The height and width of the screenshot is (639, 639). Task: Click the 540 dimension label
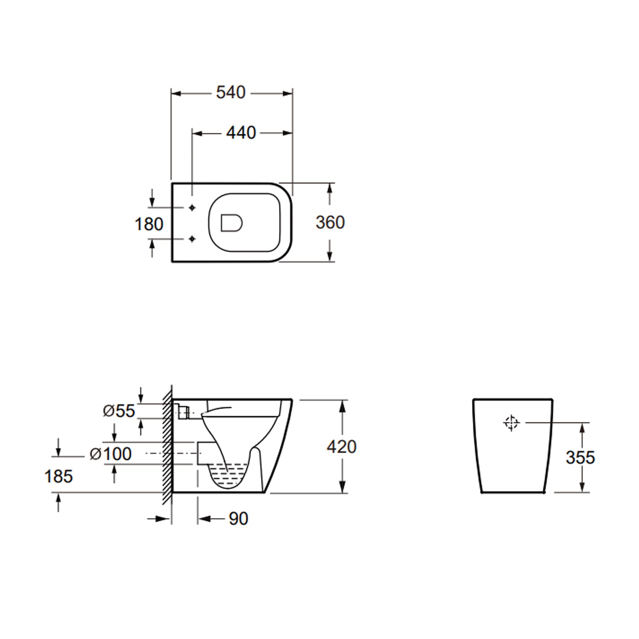(x=230, y=92)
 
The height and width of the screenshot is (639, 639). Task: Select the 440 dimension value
(x=241, y=133)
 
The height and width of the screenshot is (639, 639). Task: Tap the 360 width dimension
(x=330, y=222)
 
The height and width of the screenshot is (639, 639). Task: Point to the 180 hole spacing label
(x=149, y=224)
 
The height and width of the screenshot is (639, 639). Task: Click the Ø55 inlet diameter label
(x=119, y=411)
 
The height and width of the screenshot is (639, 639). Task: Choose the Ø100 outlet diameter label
(x=111, y=454)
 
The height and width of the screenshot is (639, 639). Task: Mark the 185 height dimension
(x=58, y=476)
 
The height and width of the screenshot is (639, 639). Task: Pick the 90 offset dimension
(x=238, y=518)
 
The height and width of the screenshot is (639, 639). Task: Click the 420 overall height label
(x=342, y=446)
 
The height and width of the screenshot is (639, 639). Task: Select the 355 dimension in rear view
(x=580, y=458)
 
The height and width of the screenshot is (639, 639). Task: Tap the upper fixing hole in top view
(x=192, y=207)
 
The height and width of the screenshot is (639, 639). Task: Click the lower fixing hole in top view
(x=192, y=239)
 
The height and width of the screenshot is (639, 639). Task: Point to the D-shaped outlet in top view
(x=231, y=223)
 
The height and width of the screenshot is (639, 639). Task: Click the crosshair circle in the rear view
(x=511, y=423)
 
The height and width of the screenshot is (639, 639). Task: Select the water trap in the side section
(x=228, y=475)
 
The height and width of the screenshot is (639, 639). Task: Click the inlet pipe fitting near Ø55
(x=183, y=412)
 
